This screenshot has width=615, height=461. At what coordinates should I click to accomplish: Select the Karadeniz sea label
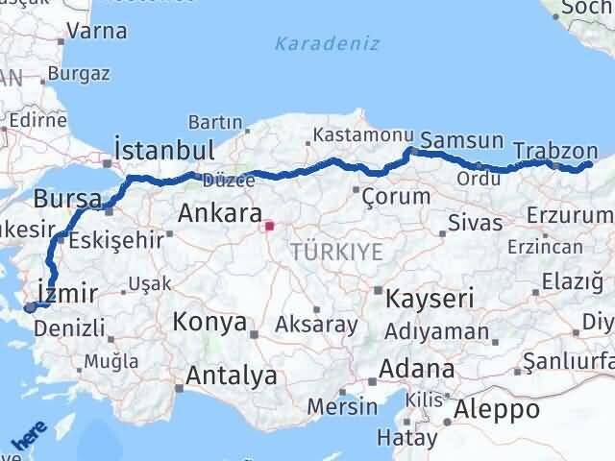coord(327,44)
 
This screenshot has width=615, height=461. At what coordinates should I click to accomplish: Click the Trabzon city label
coord(554,151)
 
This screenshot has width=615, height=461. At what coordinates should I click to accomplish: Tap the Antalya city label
coord(233,376)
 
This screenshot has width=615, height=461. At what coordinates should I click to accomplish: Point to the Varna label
coord(97,31)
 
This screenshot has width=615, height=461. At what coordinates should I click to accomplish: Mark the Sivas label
coord(476,224)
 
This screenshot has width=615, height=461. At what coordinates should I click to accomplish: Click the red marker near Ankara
coord(270,228)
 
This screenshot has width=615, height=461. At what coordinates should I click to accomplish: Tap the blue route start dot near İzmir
coord(30,307)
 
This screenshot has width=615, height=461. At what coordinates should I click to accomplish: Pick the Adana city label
coord(417,369)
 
